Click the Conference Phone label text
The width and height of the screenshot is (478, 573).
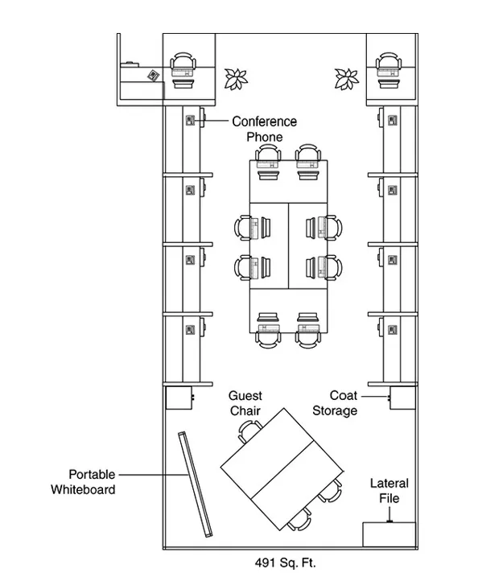coord(264,129)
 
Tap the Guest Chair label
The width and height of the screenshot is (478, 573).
coord(245,403)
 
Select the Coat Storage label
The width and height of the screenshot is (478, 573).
coord(335,403)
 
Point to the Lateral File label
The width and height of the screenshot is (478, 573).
coord(389,491)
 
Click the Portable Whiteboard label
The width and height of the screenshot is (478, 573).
coord(84,482)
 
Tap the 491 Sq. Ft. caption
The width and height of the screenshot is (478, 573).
coord(285,563)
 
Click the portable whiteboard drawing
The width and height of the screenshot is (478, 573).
coord(196,484)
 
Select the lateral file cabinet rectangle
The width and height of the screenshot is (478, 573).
coord(389,534)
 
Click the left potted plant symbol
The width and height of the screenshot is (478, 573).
coord(236,79)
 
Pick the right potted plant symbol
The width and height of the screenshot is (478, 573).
coord(347,79)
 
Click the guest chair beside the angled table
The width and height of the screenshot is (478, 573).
coord(249,431)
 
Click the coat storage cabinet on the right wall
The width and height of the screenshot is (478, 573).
coord(402,398)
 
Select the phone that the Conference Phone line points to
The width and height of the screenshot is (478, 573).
coord(190,120)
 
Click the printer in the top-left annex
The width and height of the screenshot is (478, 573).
coord(154,76)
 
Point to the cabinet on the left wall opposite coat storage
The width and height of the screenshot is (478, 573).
coord(179,398)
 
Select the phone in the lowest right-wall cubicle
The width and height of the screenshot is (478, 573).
coord(393,330)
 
